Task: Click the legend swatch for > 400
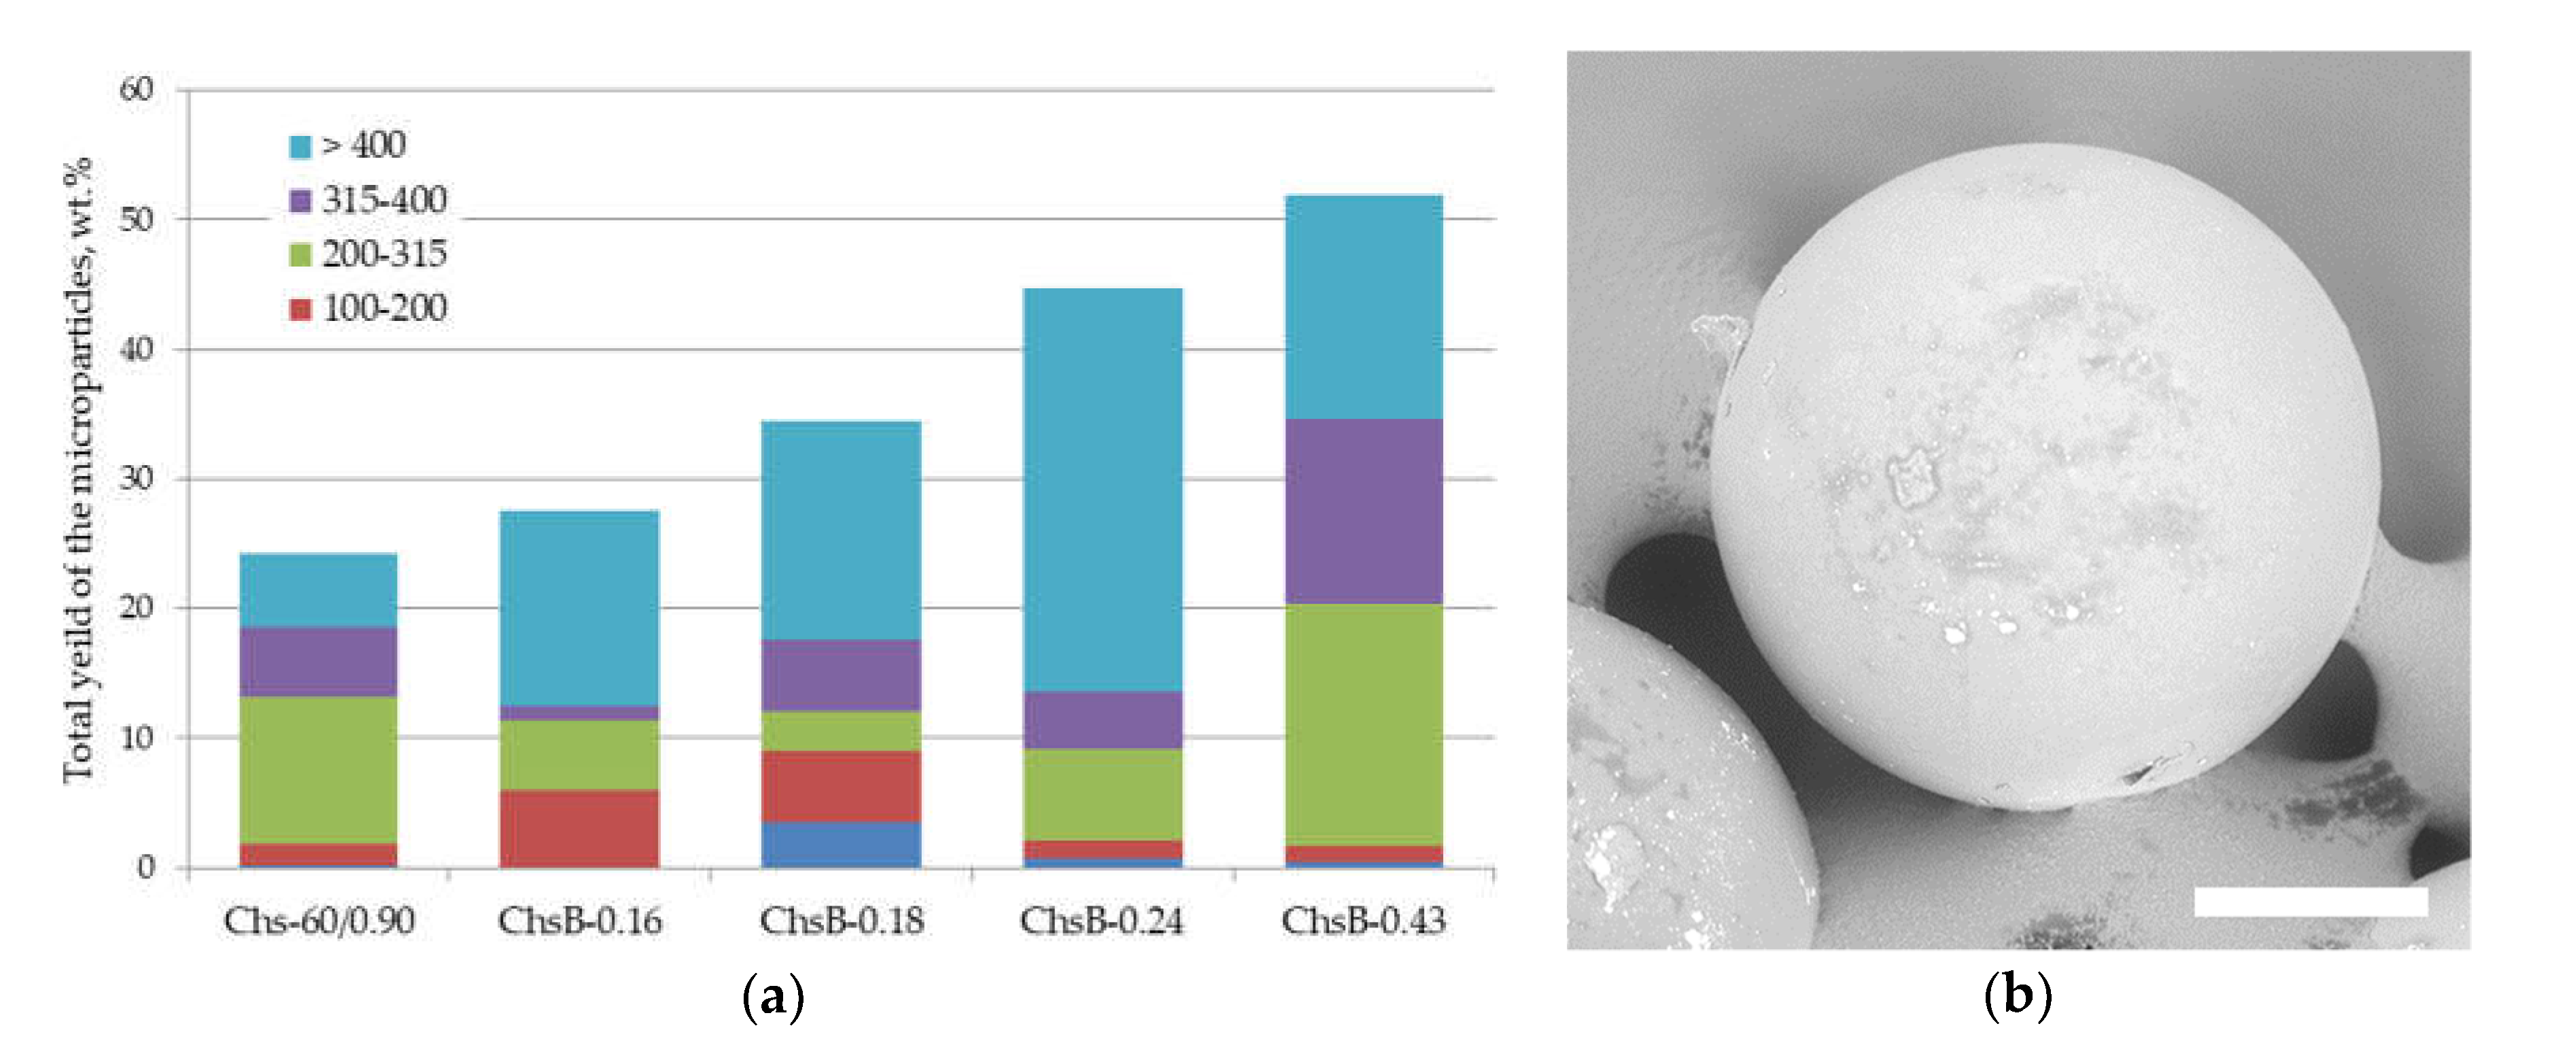tap(300, 147)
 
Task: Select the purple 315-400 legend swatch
tap(300, 201)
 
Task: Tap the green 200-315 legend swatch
tap(300, 255)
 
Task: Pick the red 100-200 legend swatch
tap(300, 309)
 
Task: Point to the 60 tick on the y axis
tap(137, 89)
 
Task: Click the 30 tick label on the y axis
tap(137, 479)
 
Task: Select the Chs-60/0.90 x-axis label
tap(319, 921)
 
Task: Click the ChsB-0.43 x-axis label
tap(1364, 921)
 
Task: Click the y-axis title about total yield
tap(80, 471)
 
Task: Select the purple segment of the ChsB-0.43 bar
tap(1364, 511)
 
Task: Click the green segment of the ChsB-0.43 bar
tap(1364, 725)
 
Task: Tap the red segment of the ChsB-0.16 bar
tap(579, 829)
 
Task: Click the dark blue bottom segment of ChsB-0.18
tap(840, 844)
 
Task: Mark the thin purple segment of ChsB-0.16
tap(579, 713)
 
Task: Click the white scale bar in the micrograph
tap(2310, 901)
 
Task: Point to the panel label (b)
tap(2017, 995)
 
